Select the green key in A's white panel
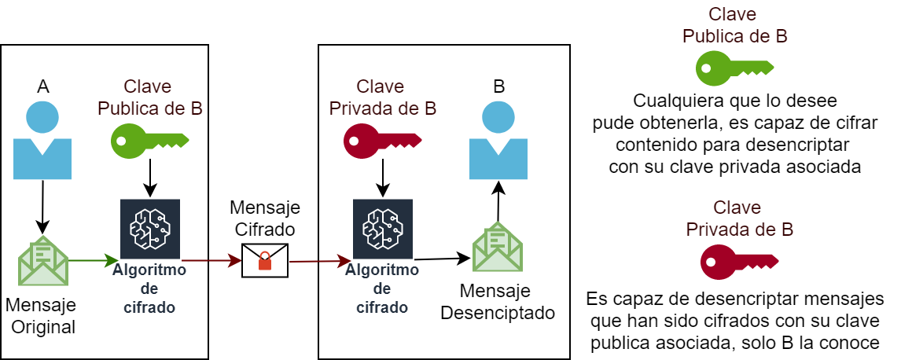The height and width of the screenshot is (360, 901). click(x=149, y=140)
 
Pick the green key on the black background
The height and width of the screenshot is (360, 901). click(x=734, y=68)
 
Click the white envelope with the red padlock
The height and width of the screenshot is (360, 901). click(x=265, y=260)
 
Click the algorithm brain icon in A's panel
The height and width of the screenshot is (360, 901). click(x=149, y=229)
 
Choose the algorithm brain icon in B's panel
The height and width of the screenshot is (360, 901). click(x=383, y=229)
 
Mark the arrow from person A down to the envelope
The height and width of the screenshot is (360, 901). click(x=42, y=206)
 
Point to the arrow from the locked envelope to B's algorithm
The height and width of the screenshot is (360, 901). click(x=319, y=259)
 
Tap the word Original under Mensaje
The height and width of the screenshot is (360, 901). click(x=43, y=326)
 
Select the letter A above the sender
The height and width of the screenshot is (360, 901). click(x=43, y=86)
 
